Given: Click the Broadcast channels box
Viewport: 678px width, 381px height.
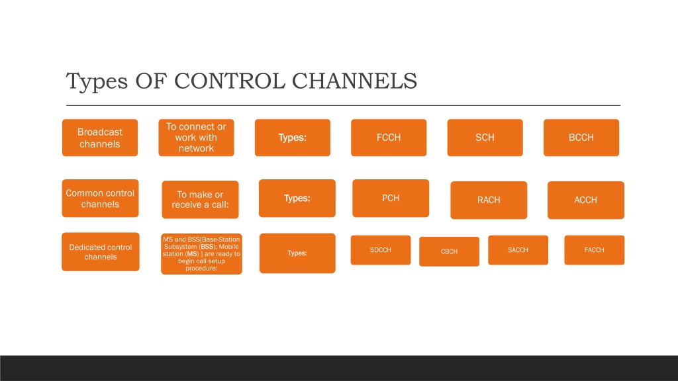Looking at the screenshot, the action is click(x=100, y=138).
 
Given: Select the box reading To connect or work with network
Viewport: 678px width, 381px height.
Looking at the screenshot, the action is click(x=196, y=138).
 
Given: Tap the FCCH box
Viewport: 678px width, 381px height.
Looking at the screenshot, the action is click(x=389, y=138).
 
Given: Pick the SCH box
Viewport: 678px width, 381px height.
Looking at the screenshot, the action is click(x=485, y=138).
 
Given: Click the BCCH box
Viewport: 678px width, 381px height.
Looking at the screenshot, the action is click(x=581, y=138).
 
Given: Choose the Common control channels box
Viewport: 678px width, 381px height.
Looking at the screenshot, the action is click(x=101, y=198).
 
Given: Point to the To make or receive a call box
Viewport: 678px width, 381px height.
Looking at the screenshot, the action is click(x=200, y=200).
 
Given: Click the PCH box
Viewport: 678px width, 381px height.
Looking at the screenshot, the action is click(x=391, y=198).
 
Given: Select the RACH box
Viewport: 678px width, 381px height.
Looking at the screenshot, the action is click(x=489, y=200).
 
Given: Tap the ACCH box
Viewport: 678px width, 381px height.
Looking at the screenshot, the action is click(x=586, y=200).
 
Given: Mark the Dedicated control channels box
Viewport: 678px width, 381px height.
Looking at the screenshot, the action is click(x=101, y=252).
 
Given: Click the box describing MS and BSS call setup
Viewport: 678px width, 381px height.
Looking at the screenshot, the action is click(x=201, y=254).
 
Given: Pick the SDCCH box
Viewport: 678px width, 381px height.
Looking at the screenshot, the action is click(x=381, y=250).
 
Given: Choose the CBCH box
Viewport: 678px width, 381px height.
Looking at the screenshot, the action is click(x=450, y=251).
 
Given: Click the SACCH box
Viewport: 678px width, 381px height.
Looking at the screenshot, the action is click(x=518, y=250).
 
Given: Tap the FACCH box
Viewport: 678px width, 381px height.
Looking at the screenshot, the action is click(x=595, y=250).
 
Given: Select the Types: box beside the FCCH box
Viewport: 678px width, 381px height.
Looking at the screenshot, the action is click(x=293, y=138).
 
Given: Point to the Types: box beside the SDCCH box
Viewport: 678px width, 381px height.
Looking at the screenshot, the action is click(x=297, y=253).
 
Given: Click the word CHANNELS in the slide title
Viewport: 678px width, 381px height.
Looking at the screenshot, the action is click(x=355, y=81).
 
